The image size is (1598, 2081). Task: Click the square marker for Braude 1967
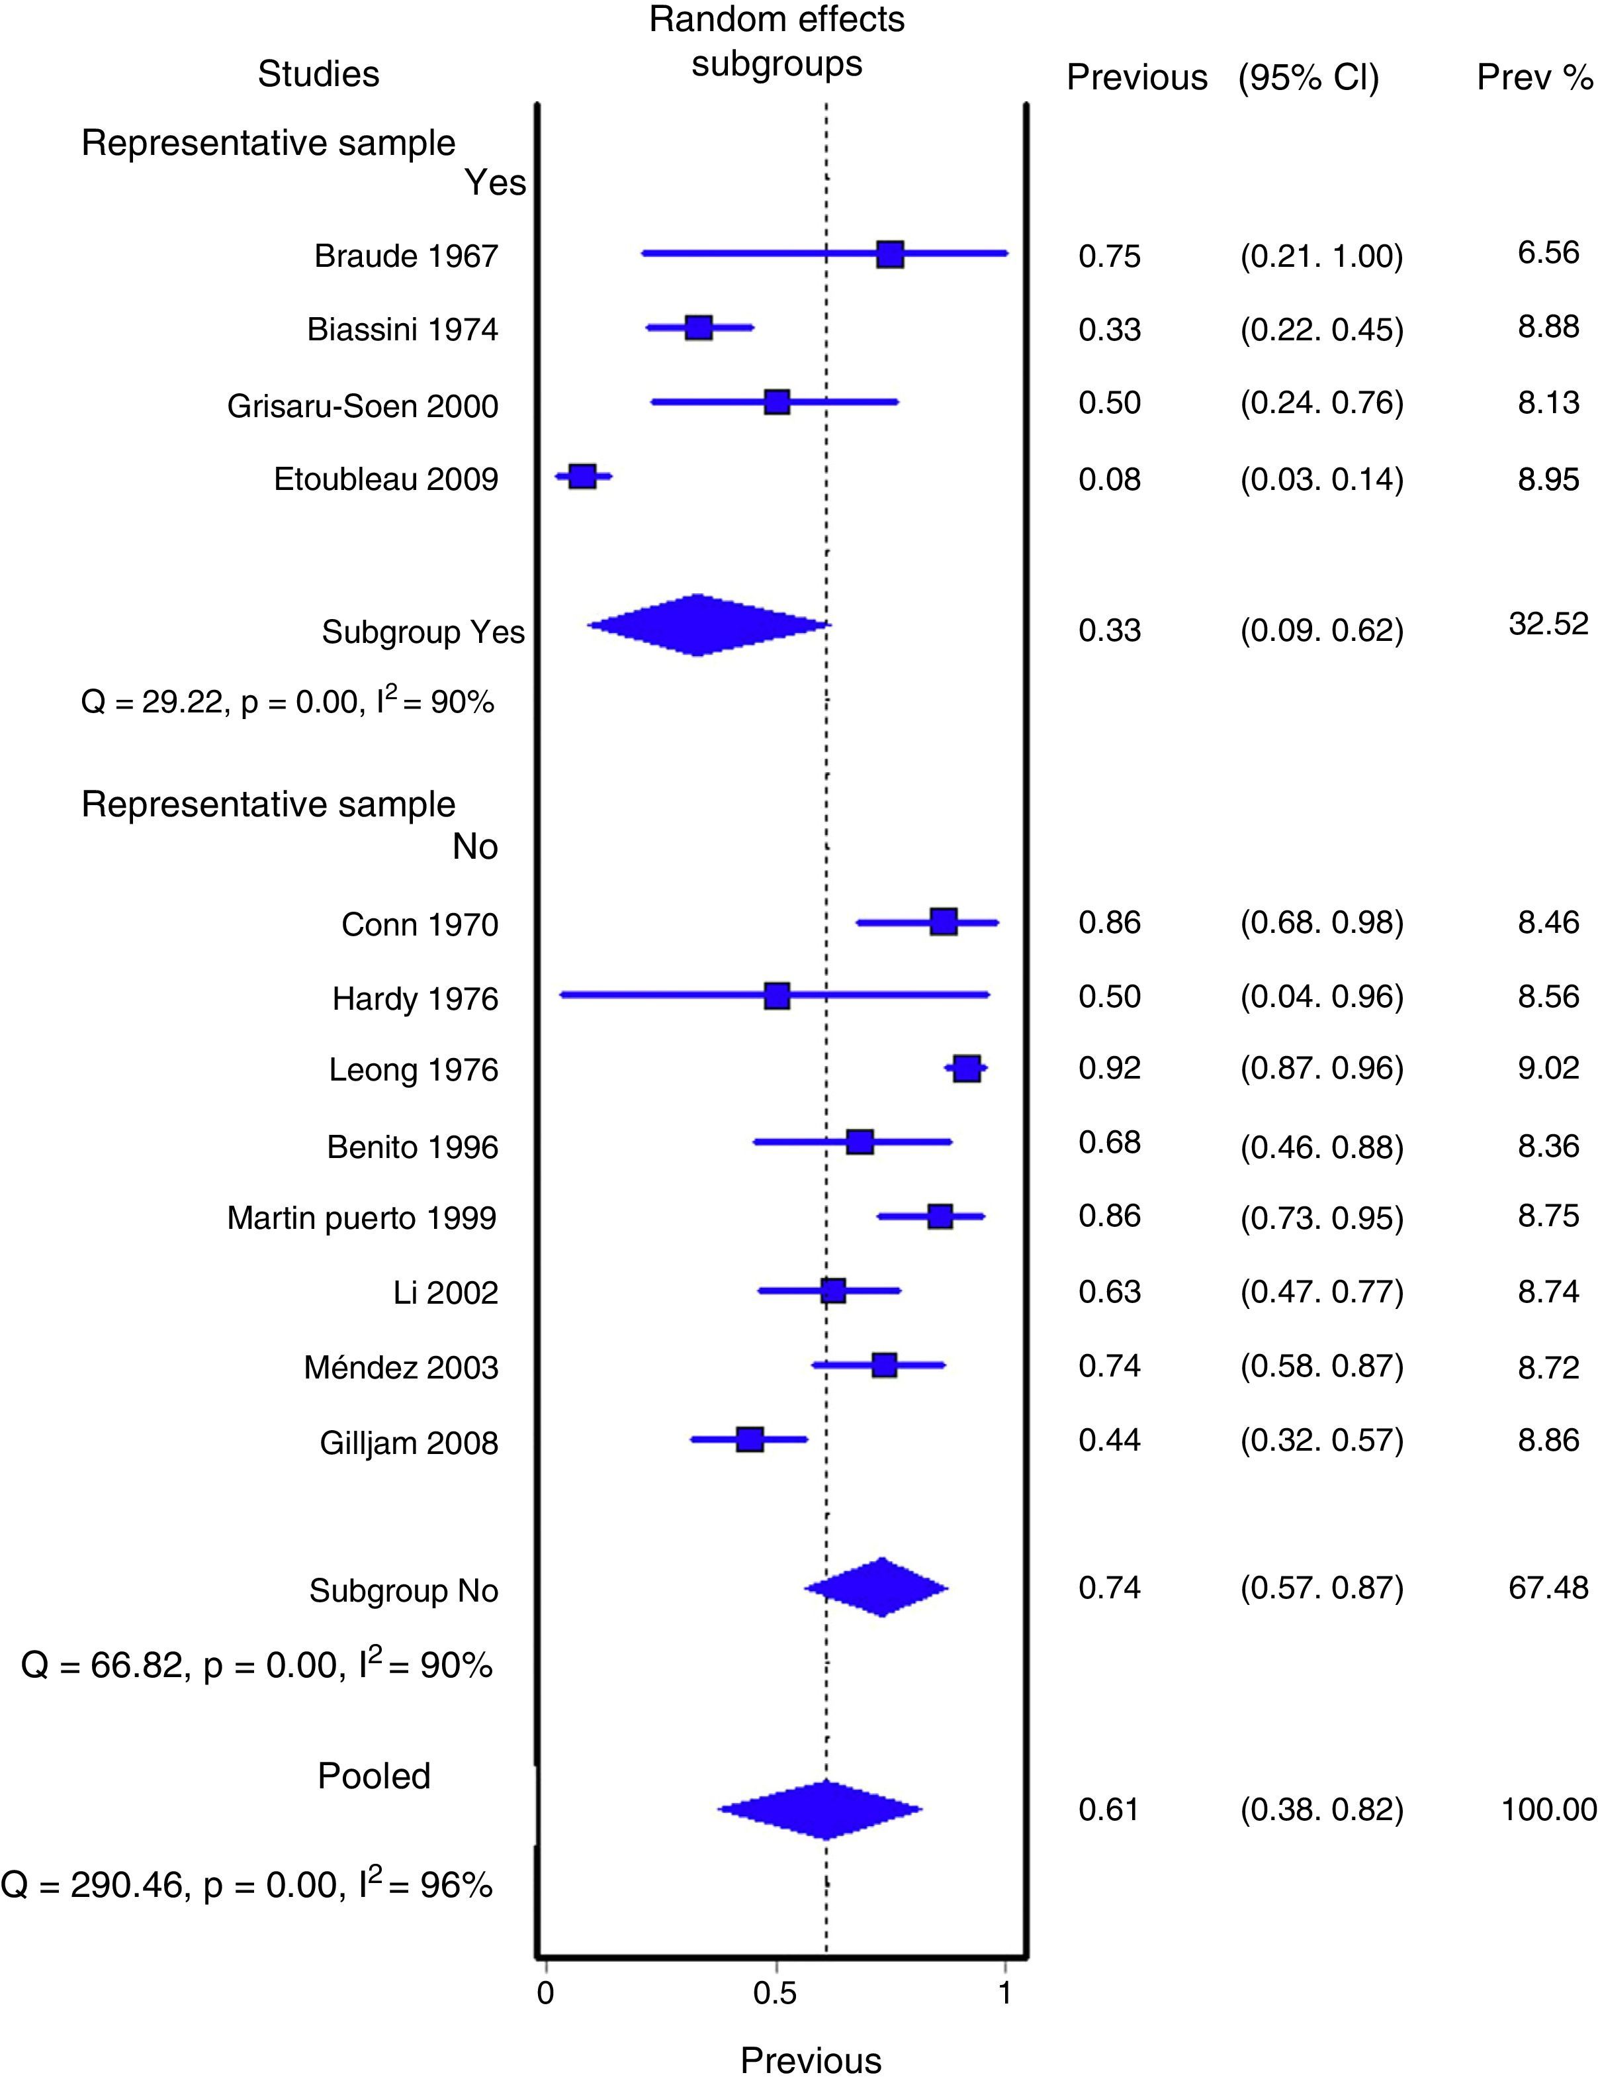click(x=889, y=254)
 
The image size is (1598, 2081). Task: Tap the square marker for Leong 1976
click(x=966, y=1069)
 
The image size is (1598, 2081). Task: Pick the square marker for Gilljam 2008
click(x=750, y=1439)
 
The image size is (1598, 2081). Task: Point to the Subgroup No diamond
click(x=881, y=1587)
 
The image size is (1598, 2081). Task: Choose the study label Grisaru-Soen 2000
click(x=363, y=407)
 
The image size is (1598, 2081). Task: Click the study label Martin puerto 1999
click(x=361, y=1218)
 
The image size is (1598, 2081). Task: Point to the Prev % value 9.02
click(x=1548, y=1067)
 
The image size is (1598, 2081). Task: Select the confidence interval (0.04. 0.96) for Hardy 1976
click(x=1321, y=996)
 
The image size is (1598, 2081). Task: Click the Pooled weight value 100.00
click(x=1548, y=1809)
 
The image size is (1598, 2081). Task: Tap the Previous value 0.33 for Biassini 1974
click(x=1109, y=329)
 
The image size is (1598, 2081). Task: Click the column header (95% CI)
click(x=1308, y=77)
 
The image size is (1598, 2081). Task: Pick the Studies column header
click(x=319, y=74)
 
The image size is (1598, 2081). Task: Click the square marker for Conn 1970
click(x=943, y=921)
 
